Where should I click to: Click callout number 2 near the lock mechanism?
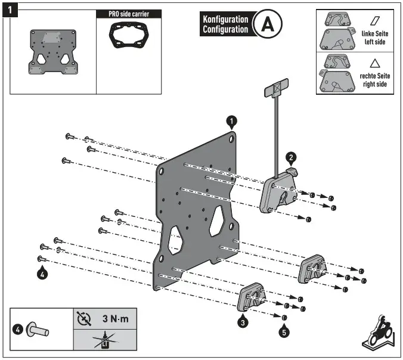click(290, 157)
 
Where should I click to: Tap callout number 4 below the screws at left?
click(42, 274)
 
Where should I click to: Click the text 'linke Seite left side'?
click(374, 38)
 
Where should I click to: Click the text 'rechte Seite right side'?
click(374, 80)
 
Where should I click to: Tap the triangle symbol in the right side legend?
click(374, 63)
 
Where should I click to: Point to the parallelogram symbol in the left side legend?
click(374, 20)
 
